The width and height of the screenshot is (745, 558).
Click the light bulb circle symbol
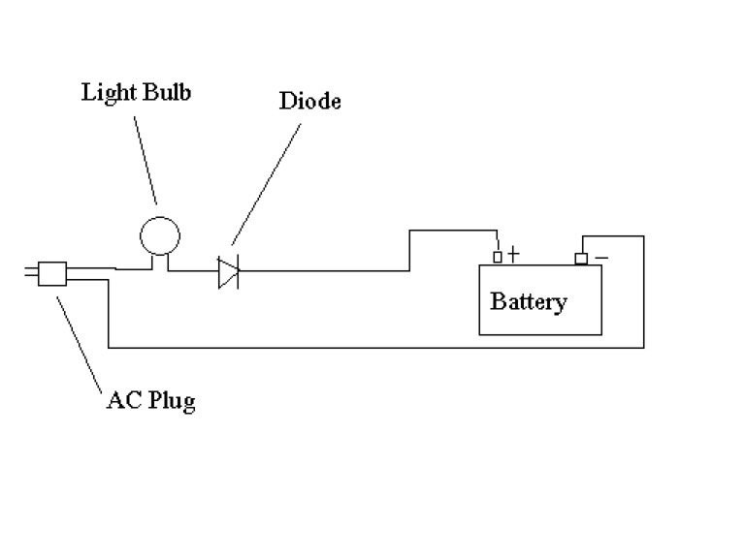158,234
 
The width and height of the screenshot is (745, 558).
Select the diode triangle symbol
226,272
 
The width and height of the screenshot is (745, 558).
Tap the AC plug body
52,274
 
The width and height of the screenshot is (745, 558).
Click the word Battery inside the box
529,301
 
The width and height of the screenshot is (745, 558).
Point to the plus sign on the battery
513,256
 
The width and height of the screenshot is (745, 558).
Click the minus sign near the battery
601,257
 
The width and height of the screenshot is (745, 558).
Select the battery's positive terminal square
498,257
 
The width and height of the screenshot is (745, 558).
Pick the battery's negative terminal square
581,258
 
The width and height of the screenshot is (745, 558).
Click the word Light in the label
103,94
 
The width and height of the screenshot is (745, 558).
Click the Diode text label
309,101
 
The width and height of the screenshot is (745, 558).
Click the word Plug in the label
170,401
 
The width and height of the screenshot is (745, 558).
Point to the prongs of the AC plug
30,274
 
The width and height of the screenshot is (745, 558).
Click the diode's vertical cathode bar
238,272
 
